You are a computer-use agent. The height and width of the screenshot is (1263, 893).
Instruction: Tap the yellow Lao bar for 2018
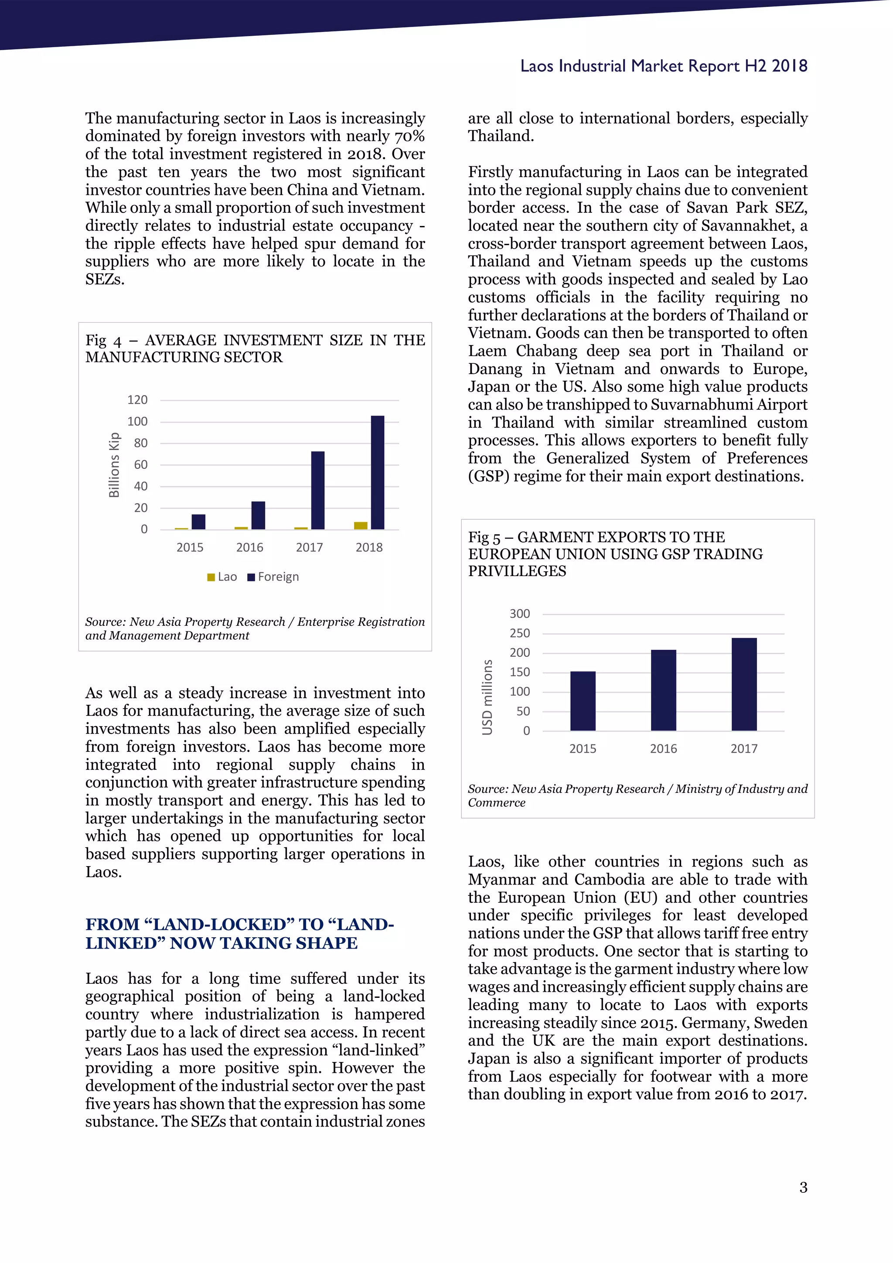[x=361, y=526]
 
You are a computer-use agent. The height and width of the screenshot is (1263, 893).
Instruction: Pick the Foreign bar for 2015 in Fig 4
[x=198, y=522]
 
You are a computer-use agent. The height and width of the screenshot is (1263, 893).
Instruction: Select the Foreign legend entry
[x=273, y=577]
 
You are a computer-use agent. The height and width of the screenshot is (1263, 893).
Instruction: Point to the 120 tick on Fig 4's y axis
[x=137, y=400]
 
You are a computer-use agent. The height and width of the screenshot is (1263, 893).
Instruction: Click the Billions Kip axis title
[x=114, y=465]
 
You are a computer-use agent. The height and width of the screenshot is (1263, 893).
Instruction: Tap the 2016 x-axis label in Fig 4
[x=250, y=547]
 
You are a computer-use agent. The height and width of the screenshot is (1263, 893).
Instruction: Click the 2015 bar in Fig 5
[x=583, y=701]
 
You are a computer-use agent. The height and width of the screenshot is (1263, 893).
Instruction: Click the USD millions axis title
[x=487, y=697]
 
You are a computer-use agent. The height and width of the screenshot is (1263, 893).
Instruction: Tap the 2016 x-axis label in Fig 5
[x=663, y=749]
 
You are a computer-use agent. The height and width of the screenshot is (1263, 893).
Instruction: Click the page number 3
[x=803, y=1188]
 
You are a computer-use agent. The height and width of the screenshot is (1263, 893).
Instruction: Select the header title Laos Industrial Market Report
[x=663, y=66]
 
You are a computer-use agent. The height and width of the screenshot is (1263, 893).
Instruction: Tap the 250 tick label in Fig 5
[x=520, y=633]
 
